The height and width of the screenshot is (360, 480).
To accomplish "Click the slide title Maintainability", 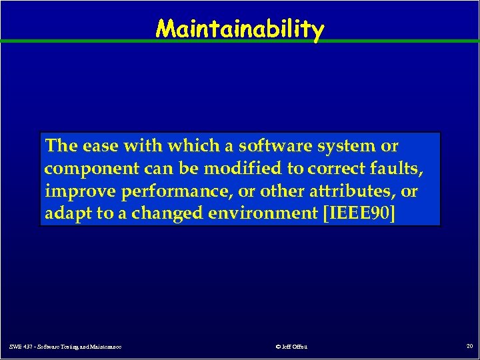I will click(240, 29).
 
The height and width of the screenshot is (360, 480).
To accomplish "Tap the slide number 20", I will click(469, 346).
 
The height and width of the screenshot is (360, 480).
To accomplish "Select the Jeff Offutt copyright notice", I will click(292, 347).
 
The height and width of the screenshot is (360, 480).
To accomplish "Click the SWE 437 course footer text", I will click(65, 347).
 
